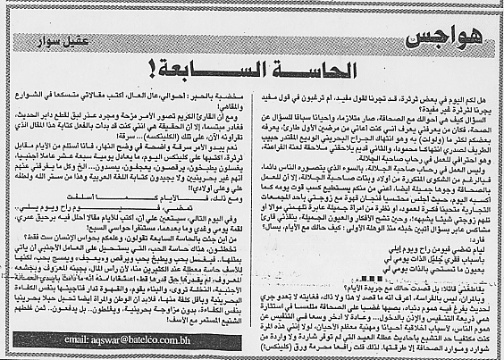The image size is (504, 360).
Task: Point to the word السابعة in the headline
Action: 225,68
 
